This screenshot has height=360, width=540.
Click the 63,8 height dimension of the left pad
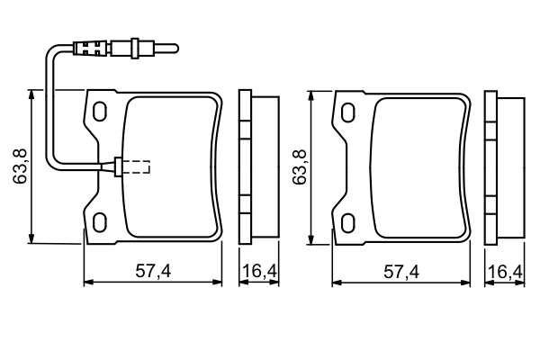(21, 166)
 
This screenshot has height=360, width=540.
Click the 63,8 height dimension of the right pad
(300, 167)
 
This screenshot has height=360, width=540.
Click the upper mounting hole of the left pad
(100, 112)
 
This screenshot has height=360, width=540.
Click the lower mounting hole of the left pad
(100, 222)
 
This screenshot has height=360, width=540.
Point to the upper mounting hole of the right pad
(348, 112)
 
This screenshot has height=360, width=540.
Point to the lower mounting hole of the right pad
(348, 223)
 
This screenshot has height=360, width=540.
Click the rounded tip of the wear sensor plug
(175, 49)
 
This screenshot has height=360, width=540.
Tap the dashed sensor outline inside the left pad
(136, 166)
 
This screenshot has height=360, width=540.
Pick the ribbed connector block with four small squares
(91, 49)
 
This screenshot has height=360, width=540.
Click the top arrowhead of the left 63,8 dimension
(31, 94)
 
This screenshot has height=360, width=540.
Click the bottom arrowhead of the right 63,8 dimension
(311, 240)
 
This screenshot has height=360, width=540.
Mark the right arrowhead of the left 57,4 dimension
(217, 282)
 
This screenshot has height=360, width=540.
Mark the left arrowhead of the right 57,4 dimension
(337, 283)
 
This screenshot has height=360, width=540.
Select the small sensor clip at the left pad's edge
(118, 166)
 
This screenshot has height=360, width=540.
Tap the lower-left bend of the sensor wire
(53, 163)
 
